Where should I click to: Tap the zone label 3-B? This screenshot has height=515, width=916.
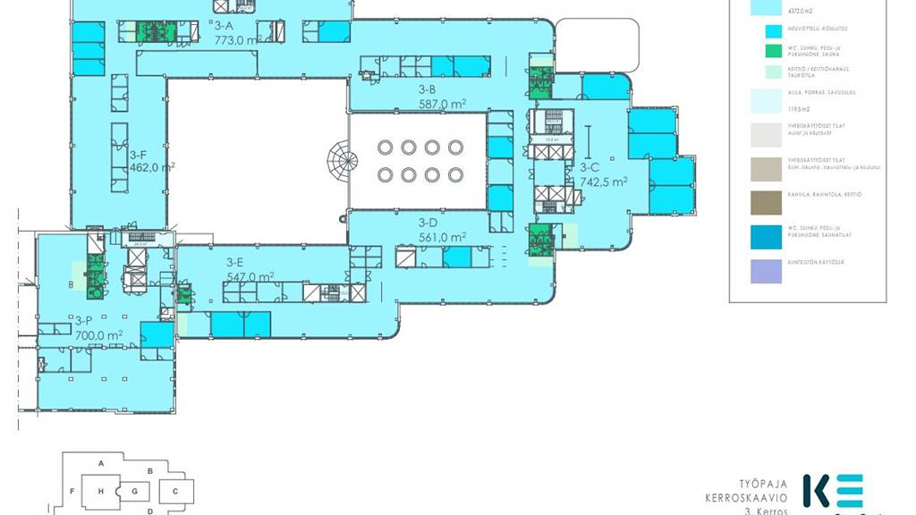coord(427,89)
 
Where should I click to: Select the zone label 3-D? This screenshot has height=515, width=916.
coord(427,223)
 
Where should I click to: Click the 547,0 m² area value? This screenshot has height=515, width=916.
coord(250,277)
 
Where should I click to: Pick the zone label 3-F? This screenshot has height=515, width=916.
coord(138,154)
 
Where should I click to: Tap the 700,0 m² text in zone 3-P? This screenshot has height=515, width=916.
coord(99,335)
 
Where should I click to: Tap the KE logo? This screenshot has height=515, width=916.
coord(833,492)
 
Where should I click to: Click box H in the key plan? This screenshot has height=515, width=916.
coord(101,491)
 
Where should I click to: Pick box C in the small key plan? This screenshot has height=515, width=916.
coord(176,491)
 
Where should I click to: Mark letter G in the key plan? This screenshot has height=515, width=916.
coord(134,491)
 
